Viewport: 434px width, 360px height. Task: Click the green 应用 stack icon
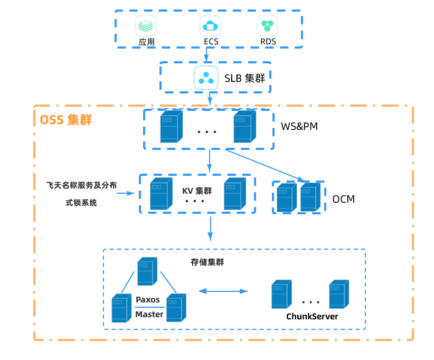[x=146, y=25]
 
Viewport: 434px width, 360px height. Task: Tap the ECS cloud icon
[x=210, y=25]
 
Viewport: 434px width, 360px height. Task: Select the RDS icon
[x=267, y=25]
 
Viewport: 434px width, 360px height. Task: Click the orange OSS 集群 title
[x=65, y=120]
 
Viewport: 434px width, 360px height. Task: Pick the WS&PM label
[x=299, y=127]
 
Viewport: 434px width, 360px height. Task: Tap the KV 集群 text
[x=197, y=191]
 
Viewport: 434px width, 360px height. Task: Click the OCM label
[x=343, y=199]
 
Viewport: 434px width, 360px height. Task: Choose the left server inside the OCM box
[x=285, y=197]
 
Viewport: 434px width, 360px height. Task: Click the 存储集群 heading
[x=207, y=262]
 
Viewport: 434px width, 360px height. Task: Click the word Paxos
[x=148, y=299]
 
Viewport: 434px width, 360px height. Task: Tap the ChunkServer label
[x=312, y=317]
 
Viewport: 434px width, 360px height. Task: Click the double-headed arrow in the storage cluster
[x=223, y=291]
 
